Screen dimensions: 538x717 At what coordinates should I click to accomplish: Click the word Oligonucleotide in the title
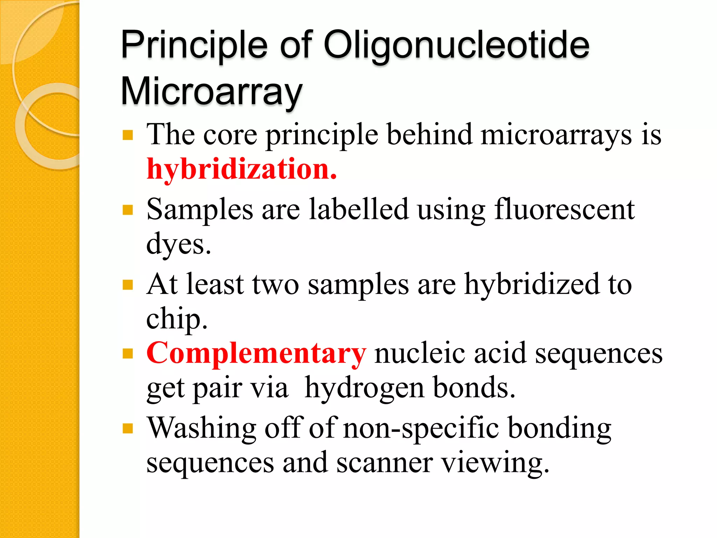point(456,46)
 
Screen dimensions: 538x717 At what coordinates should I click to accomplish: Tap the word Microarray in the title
point(211,92)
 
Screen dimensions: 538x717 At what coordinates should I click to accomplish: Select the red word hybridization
point(242,169)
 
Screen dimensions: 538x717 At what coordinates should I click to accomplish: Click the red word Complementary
point(256,353)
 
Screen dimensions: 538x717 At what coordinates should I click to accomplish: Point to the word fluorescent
point(564,209)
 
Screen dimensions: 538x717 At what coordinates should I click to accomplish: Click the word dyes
point(179,244)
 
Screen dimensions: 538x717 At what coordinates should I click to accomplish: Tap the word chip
point(177,319)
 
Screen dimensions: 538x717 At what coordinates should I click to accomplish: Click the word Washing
point(201,428)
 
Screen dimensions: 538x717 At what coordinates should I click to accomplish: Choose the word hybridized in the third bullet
point(532,284)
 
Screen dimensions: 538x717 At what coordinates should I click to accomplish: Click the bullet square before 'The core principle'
point(128,135)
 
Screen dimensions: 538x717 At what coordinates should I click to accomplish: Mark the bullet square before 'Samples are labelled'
point(128,210)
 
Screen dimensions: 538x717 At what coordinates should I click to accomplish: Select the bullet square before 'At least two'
point(128,285)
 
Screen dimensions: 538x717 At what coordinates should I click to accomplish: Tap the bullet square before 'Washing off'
point(128,428)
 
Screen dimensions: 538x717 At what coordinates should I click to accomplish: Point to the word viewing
point(495,463)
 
